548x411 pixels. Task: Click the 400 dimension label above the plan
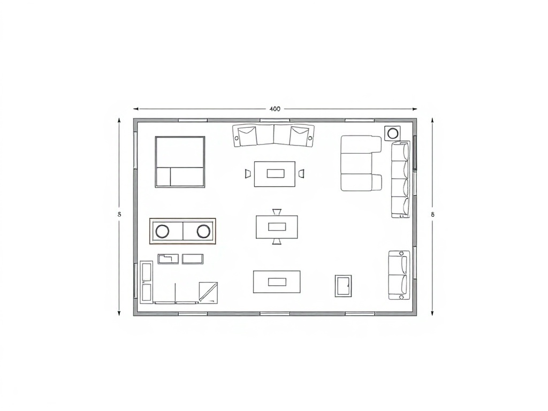274,109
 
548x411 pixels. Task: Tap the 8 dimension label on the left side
119,214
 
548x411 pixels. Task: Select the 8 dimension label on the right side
432,214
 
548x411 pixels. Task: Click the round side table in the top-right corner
392,133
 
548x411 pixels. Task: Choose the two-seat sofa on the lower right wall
399,275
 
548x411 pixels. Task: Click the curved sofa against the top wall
273,135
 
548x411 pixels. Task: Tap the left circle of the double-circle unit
162,231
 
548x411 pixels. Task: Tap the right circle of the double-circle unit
203,231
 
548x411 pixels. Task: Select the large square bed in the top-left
180,162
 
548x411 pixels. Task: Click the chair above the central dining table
277,212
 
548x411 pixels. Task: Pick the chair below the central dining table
277,241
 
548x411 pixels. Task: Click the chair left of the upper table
248,173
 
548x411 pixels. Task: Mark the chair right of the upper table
301,173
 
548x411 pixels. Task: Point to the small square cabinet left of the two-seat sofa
343,285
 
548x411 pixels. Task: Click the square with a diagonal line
208,292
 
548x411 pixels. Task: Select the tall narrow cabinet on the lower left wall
146,281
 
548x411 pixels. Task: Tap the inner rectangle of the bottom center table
277,281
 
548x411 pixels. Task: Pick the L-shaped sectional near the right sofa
360,163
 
